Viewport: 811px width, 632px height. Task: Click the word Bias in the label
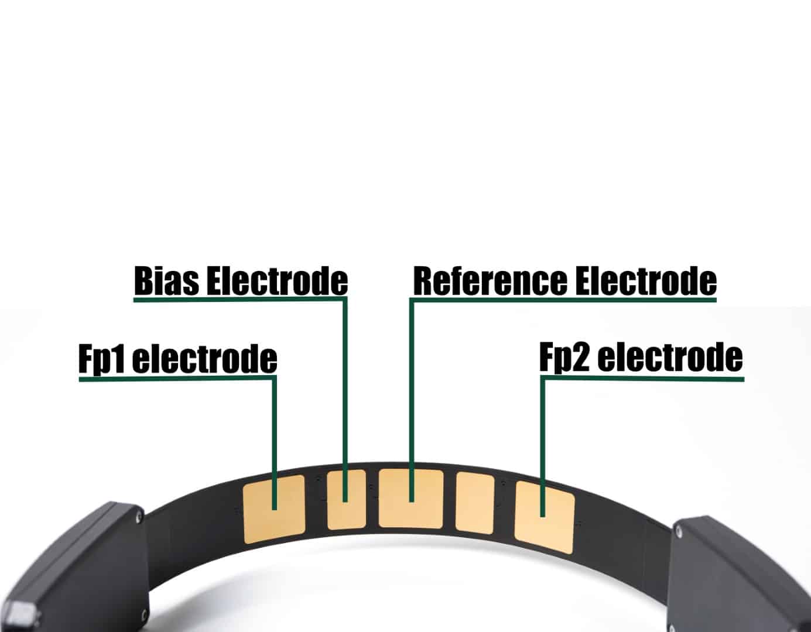(x=167, y=280)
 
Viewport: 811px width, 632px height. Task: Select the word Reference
(x=490, y=280)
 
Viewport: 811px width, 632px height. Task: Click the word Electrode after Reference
(x=646, y=280)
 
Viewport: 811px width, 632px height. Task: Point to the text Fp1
(x=101, y=359)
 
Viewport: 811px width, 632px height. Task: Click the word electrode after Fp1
(x=204, y=359)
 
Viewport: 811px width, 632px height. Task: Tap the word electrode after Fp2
(x=670, y=357)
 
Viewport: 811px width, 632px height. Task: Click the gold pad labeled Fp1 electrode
(x=274, y=509)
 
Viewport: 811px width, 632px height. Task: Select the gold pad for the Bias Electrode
(x=346, y=499)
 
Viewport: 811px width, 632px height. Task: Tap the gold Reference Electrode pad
(x=411, y=499)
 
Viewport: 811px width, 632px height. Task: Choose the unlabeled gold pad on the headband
(x=475, y=503)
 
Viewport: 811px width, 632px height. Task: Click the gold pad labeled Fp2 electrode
(x=544, y=517)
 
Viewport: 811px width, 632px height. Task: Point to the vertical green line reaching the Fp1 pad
(x=274, y=444)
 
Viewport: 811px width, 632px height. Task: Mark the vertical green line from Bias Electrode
(x=345, y=400)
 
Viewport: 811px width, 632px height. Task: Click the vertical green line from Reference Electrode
(x=412, y=400)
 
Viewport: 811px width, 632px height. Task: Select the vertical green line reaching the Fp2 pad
(x=543, y=447)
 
